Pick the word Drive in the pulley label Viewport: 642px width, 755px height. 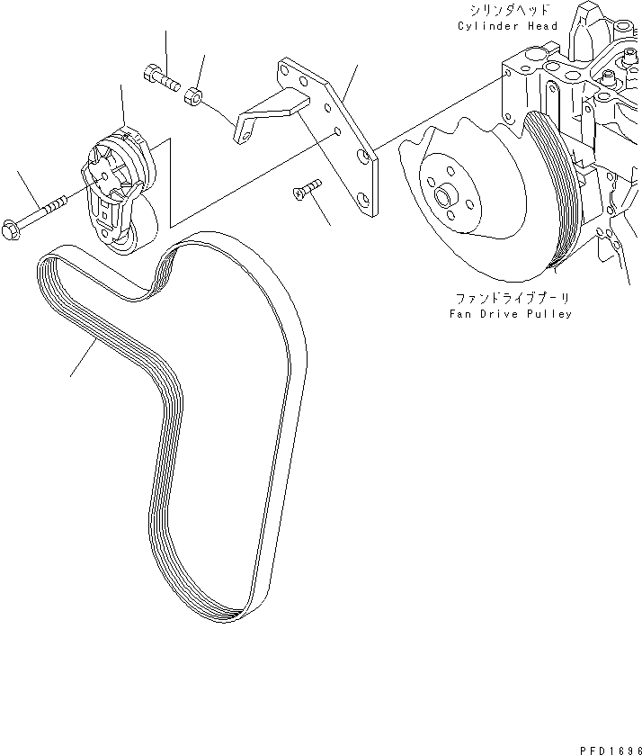[500, 315]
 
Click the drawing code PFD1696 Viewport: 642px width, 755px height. [606, 748]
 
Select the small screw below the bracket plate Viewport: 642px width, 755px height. [305, 189]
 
